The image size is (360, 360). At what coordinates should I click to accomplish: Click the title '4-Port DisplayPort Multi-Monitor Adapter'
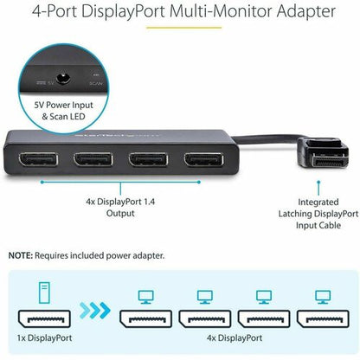tap(180, 13)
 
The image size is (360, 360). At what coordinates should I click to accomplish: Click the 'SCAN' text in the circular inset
tap(97, 84)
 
